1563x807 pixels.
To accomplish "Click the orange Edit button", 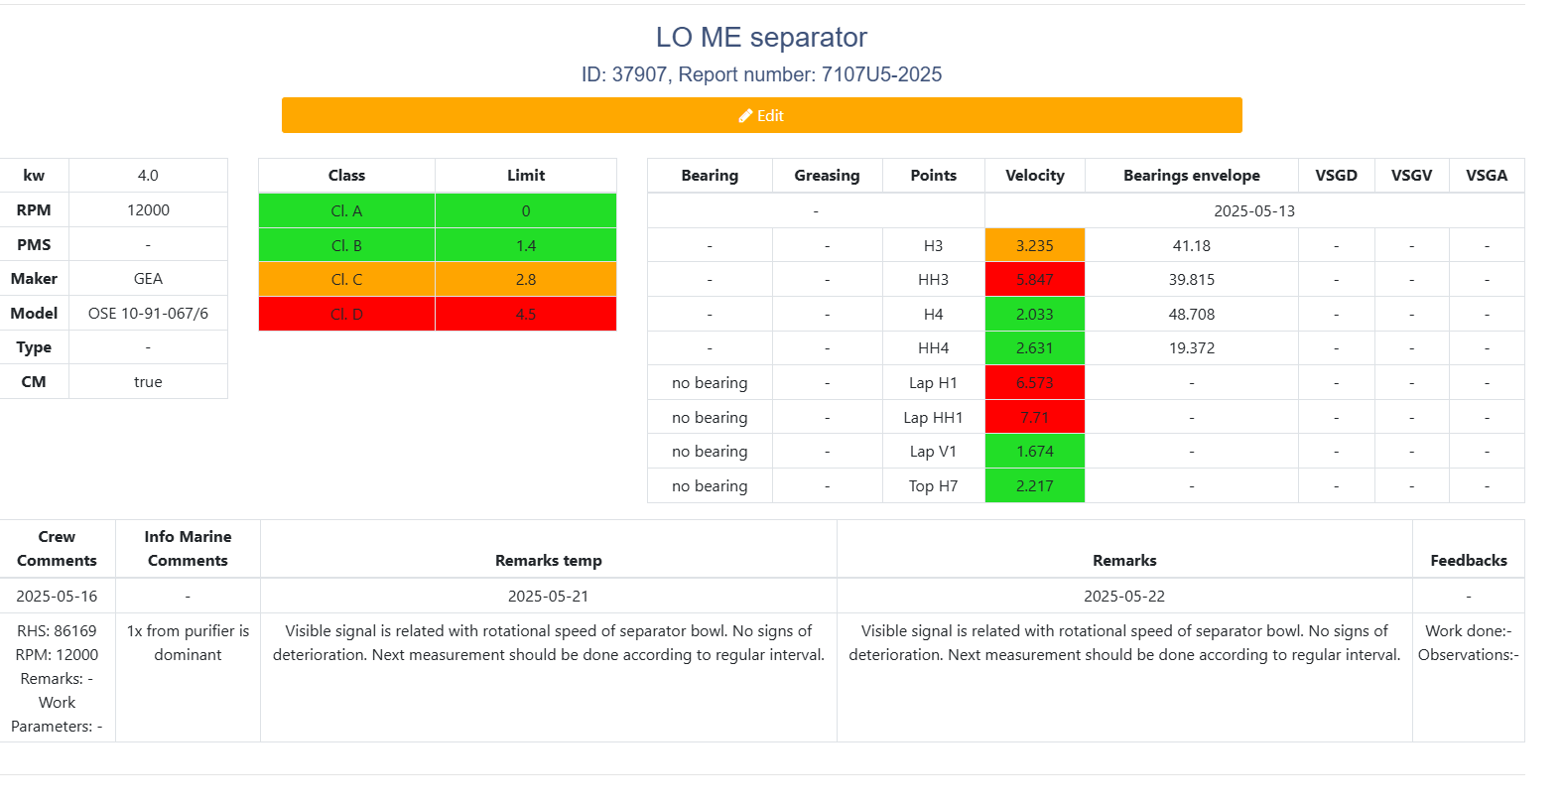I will click(761, 115).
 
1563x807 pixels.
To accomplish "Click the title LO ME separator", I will click(761, 38).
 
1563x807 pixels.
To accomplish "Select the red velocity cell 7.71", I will click(1034, 417).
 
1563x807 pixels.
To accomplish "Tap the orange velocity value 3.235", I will click(1034, 245).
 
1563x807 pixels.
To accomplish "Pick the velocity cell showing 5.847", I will click(1034, 280).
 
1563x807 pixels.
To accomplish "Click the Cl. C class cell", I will click(346, 280).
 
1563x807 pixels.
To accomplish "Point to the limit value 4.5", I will click(526, 314).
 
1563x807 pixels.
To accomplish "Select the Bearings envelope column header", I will click(1191, 176).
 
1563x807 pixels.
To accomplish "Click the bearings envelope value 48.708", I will click(1191, 314).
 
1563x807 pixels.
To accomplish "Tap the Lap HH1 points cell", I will click(933, 417).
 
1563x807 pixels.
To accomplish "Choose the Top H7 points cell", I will click(933, 485).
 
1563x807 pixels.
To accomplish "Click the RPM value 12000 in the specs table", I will click(148, 210).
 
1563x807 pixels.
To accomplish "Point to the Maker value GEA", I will click(148, 279).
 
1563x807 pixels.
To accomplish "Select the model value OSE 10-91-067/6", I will click(148, 314).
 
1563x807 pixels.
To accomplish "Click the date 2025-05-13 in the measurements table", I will click(1253, 210).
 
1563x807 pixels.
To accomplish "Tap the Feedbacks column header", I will click(1468, 561).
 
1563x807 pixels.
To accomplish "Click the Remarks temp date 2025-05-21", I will click(548, 596).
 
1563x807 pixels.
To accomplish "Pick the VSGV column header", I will click(1411, 176).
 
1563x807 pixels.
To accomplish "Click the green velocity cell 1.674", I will click(1034, 452).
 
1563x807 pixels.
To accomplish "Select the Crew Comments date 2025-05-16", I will click(57, 596).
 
